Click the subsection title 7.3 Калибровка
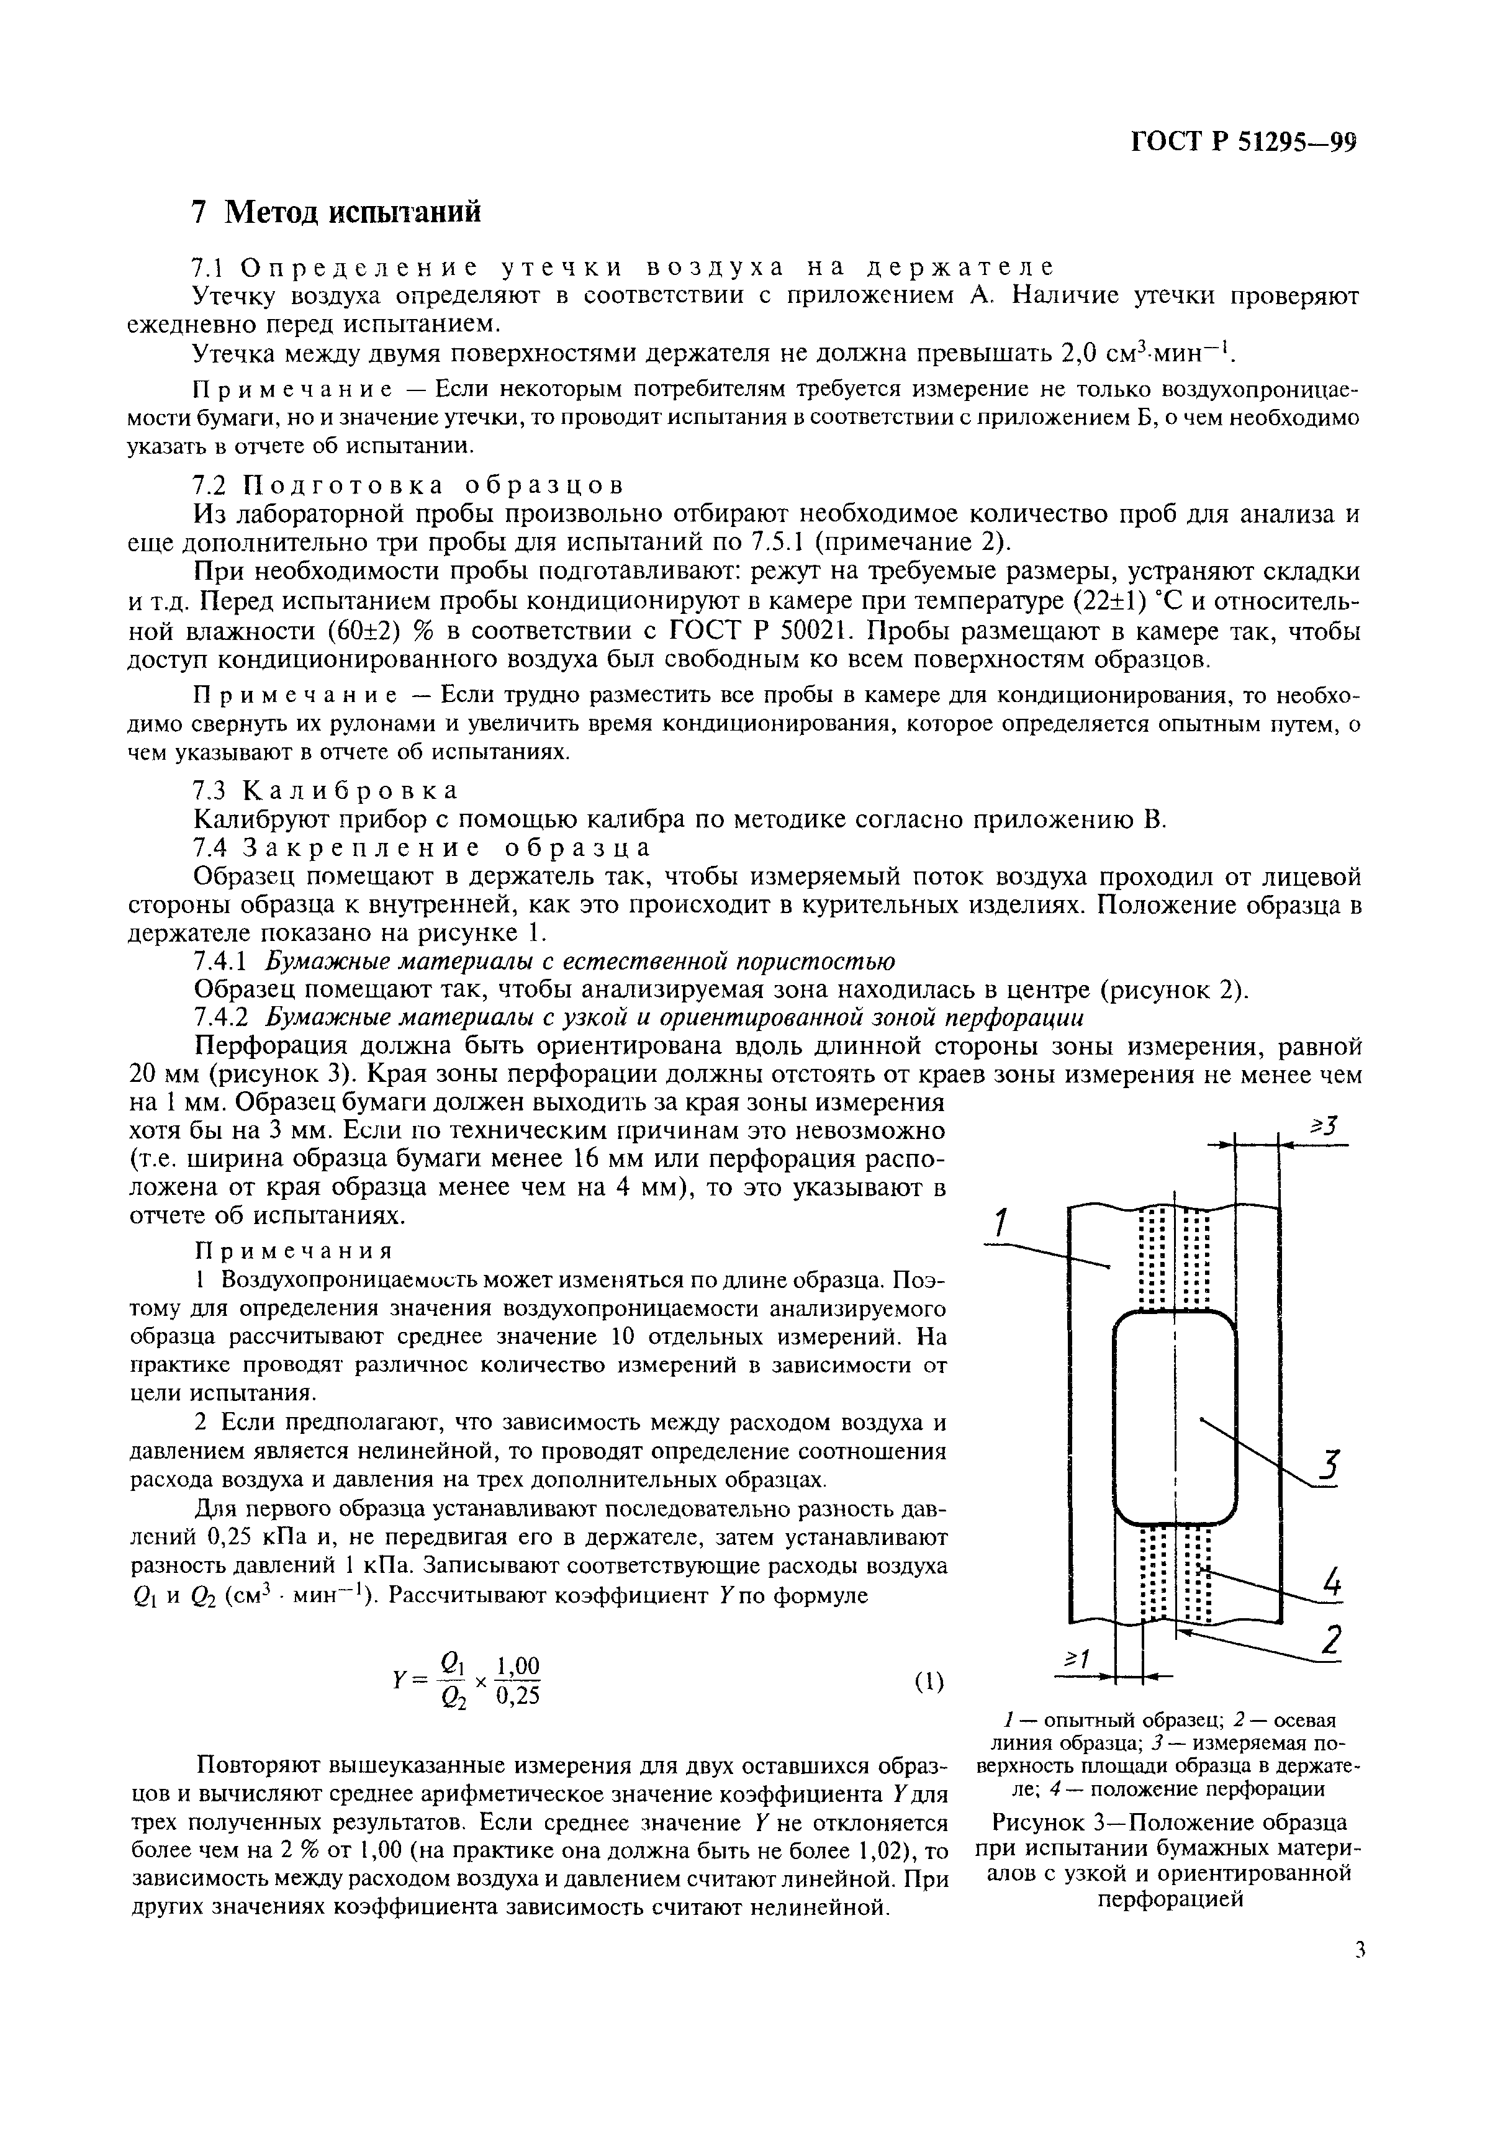coord(325,791)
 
